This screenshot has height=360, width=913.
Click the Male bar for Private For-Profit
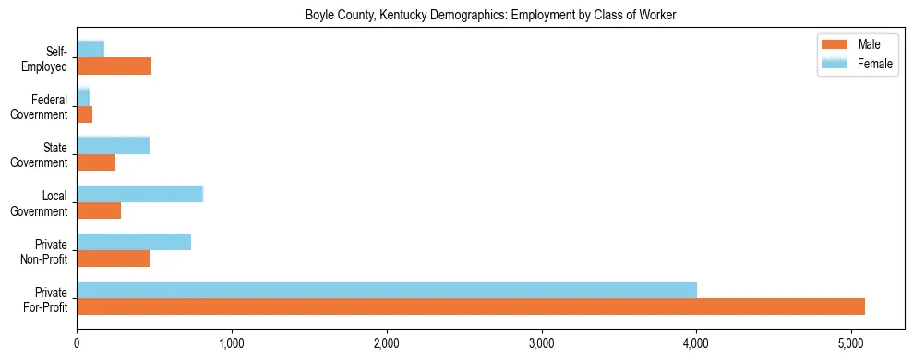pos(471,306)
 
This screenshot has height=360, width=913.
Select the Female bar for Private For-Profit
pos(387,290)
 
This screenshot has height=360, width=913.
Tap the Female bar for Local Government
pos(139,194)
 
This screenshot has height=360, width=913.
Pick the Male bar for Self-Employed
pos(114,66)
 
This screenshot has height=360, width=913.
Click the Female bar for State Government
pos(113,146)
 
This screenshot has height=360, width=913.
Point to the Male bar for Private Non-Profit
pos(113,258)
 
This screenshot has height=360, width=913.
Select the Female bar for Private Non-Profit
pos(134,242)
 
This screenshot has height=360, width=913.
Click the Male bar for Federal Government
pos(84,114)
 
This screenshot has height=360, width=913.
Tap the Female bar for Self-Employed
pos(90,50)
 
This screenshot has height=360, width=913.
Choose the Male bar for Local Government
pos(99,210)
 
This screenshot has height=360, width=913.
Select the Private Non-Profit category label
pos(44,251)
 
